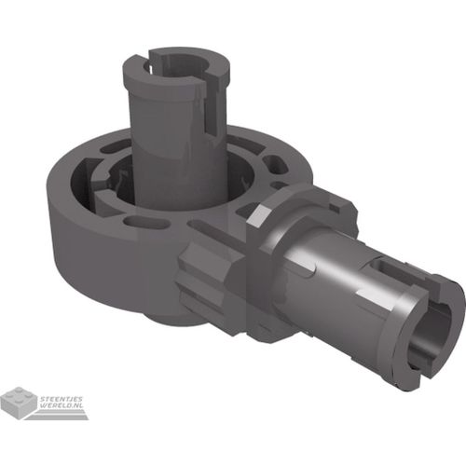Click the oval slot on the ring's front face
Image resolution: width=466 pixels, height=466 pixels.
[144, 222]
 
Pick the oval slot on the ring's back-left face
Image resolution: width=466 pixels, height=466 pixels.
[114, 146]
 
